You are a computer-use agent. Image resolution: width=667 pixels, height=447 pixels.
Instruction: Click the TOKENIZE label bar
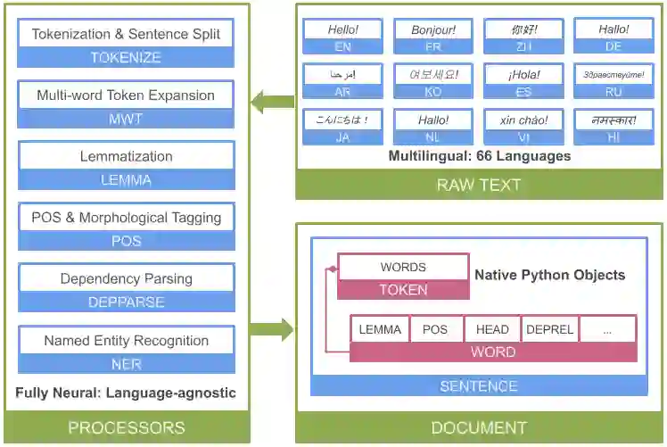126,57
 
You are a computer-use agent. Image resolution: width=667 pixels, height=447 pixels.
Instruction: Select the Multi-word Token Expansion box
126,95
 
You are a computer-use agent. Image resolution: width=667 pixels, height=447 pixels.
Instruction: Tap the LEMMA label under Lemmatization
126,179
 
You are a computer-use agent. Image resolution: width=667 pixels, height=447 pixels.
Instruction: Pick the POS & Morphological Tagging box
126,217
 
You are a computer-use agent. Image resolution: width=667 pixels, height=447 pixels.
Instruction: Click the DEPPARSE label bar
126,302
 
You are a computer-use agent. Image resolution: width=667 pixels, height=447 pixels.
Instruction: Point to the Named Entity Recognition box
126,340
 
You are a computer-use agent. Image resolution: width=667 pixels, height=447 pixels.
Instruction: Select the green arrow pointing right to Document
272,329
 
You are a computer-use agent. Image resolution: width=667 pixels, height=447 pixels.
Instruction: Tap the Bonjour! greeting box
433,29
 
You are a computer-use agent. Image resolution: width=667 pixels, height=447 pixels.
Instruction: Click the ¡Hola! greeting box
523,75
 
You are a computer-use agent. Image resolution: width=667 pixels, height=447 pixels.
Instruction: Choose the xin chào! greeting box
523,120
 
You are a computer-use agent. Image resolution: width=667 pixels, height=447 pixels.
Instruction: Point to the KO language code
433,91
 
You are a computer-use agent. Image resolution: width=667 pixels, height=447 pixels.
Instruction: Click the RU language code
613,91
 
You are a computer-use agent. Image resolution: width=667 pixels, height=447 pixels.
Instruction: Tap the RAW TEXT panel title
479,186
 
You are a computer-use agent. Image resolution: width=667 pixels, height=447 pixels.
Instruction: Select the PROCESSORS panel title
127,427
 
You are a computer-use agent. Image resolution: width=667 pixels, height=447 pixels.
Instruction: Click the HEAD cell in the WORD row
492,329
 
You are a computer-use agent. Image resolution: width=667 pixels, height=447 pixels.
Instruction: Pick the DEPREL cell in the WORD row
549,329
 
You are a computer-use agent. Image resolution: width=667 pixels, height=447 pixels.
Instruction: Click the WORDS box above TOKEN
403,267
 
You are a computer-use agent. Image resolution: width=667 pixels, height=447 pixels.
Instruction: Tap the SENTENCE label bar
479,385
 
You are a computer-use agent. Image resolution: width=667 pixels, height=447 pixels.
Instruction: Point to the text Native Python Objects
549,275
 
